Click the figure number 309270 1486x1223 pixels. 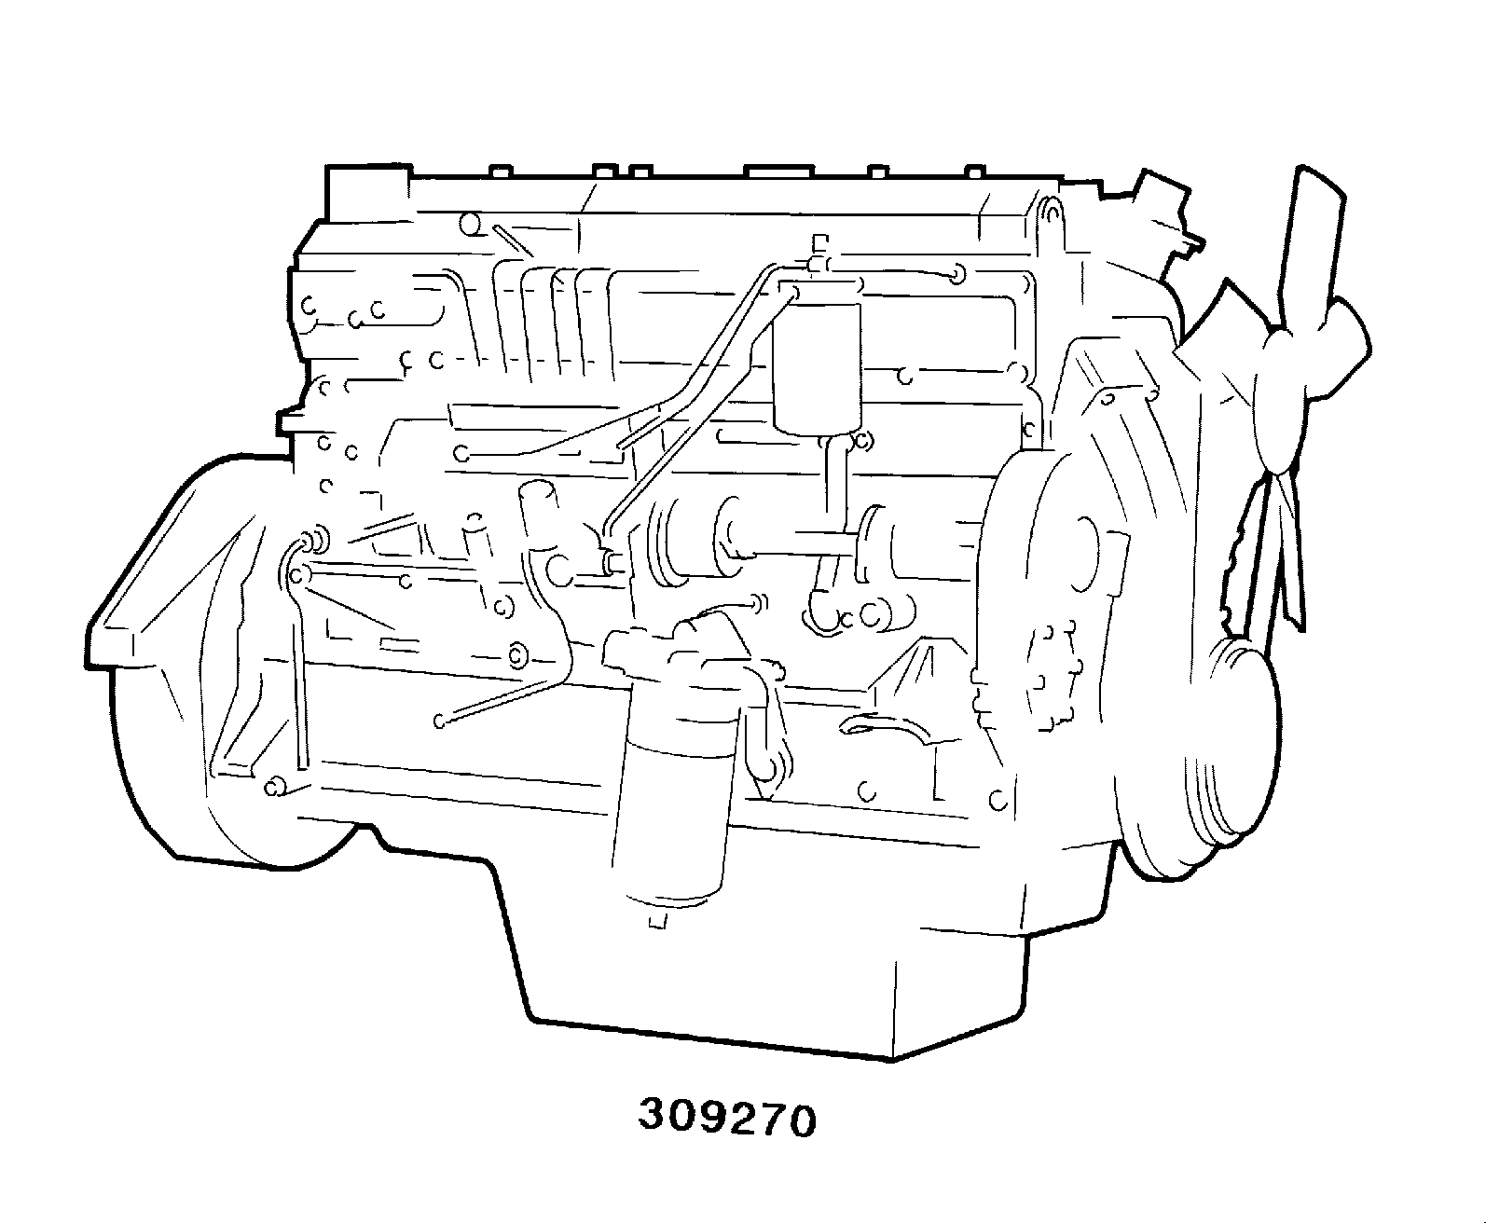click(x=727, y=1120)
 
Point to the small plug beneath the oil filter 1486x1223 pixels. click(x=656, y=918)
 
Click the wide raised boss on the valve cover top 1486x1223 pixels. click(x=778, y=172)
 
